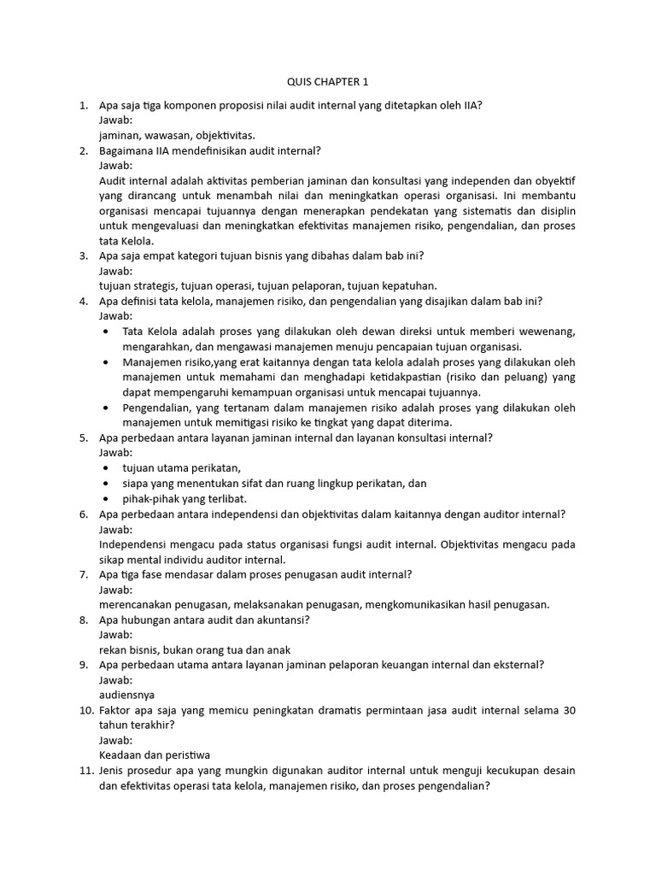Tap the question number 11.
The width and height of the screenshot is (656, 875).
pyautogui.click(x=85, y=771)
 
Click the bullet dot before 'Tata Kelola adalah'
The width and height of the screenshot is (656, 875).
pyautogui.click(x=105, y=332)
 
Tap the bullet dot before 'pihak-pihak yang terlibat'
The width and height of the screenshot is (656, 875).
pyautogui.click(x=105, y=498)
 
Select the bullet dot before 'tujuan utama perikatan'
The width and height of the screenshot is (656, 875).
pyautogui.click(x=105, y=467)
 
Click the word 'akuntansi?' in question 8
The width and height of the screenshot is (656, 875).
pyautogui.click(x=281, y=620)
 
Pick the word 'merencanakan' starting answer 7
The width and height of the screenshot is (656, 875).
pyautogui.click(x=138, y=604)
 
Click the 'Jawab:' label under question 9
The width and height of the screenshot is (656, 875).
pyautogui.click(x=116, y=679)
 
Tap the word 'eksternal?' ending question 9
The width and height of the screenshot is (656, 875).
pyautogui.click(x=517, y=665)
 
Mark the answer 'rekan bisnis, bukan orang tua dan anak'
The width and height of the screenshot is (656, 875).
pyautogui.click(x=195, y=649)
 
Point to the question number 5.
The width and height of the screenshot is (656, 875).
pyautogui.click(x=84, y=437)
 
